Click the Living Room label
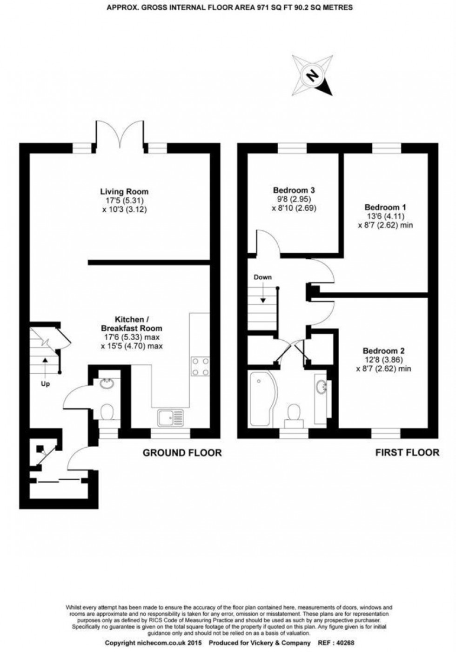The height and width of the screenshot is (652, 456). (x=124, y=192)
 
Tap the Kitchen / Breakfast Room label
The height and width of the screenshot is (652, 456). (x=131, y=323)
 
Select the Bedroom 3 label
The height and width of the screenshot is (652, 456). (x=294, y=190)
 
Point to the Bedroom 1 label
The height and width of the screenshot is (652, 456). (x=385, y=208)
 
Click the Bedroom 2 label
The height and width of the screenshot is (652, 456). (x=383, y=351)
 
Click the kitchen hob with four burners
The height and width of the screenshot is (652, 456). (x=200, y=366)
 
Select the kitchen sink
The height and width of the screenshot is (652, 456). (x=171, y=418)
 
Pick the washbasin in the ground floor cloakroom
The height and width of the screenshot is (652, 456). (x=107, y=384)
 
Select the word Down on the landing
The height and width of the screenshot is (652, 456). (x=262, y=277)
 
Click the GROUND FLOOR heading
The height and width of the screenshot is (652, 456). (x=182, y=453)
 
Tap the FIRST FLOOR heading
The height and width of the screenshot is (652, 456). (x=407, y=453)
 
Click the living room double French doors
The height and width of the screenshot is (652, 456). (x=120, y=133)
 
